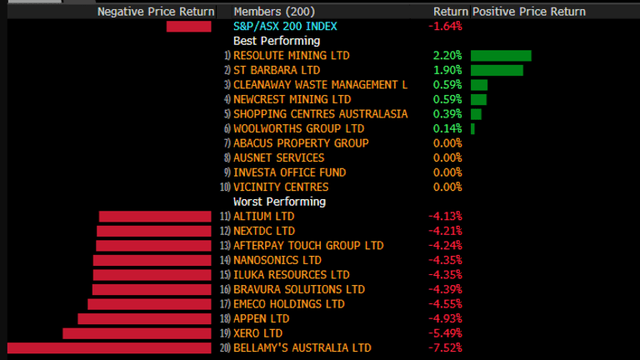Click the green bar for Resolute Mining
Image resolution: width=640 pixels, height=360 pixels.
point(501,56)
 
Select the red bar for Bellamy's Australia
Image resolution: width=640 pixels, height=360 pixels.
point(110,347)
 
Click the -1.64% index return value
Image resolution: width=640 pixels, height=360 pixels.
point(445,26)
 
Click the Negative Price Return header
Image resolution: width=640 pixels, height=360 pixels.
point(156,12)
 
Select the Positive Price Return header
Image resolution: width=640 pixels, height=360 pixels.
point(528,12)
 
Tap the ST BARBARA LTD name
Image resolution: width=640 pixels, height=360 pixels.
point(277,70)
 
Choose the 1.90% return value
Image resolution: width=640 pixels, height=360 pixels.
point(447,70)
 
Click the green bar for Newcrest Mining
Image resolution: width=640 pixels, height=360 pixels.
point(478,99)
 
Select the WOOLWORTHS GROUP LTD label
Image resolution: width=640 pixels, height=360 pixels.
point(299,128)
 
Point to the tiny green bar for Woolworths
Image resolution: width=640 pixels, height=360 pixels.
point(472,128)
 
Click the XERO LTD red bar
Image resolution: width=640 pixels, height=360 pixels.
point(137,333)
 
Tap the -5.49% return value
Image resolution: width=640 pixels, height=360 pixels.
point(445,333)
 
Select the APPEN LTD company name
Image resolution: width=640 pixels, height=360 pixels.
point(262,318)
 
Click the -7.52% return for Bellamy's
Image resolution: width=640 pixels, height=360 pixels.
point(445,347)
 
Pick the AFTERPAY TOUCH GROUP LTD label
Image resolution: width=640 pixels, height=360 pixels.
point(308,246)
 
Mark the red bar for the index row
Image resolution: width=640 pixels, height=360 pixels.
point(189,27)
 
